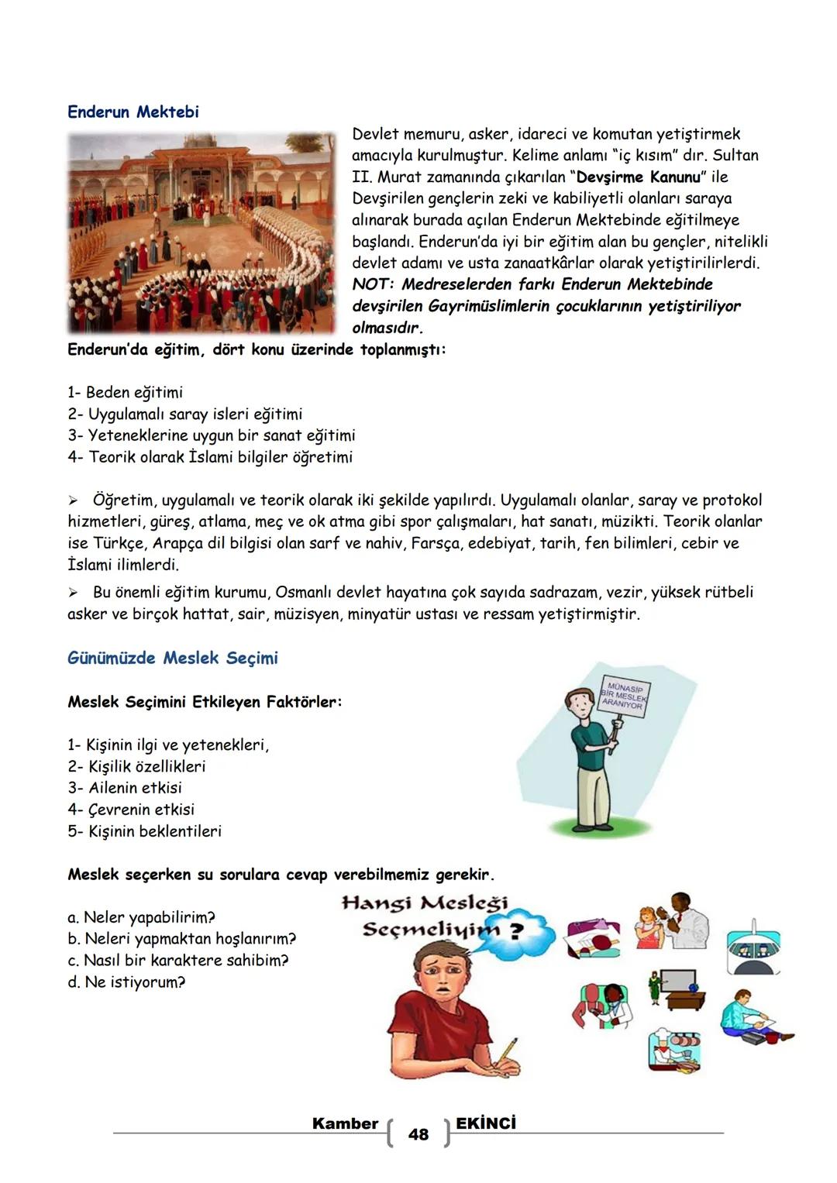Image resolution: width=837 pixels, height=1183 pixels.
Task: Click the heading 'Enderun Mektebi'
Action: pos(133,112)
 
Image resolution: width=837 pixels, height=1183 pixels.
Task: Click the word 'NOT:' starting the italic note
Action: pos(373,284)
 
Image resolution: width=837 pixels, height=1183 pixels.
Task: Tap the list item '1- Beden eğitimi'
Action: pos(125,392)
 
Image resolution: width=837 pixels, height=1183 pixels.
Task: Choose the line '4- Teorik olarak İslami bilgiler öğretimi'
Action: pos(209,457)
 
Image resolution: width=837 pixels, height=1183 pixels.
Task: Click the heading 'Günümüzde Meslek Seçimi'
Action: pos(172,658)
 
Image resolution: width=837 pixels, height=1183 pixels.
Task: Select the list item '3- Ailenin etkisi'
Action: pos(124,788)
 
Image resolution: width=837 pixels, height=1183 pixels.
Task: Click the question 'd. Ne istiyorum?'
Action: pos(126,982)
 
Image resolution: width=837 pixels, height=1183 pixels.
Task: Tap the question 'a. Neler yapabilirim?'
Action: pos(140,917)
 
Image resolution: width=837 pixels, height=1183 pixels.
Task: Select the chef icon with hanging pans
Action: pos(673,1047)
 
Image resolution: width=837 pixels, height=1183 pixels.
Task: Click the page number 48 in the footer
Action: pos(418,1134)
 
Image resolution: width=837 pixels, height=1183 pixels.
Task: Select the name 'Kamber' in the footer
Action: pos(345,1123)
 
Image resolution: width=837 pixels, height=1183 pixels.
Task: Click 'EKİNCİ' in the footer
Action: pos(486,1123)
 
